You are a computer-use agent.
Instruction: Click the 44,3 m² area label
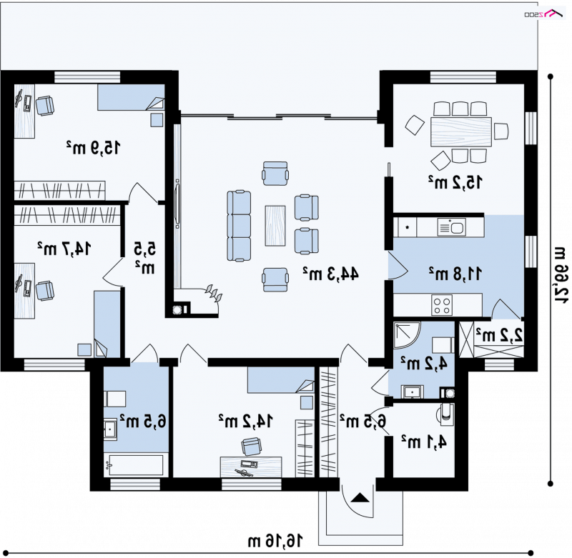tap(330, 274)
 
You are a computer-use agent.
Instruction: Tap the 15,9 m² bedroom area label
tap(93, 148)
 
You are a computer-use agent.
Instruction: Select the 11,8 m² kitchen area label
tap(455, 274)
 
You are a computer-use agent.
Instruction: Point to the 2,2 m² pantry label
tap(499, 335)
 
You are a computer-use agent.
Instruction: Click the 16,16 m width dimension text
tap(275, 542)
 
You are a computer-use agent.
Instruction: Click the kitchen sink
tap(452, 226)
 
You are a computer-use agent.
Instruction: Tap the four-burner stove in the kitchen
tap(442, 304)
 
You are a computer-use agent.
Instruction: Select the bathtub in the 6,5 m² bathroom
tap(136, 465)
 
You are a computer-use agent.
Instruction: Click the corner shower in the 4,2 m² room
tap(406, 334)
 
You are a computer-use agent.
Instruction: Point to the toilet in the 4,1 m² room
tap(445, 414)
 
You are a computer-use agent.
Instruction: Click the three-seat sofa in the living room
tap(239, 226)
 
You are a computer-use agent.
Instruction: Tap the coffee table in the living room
tap(275, 226)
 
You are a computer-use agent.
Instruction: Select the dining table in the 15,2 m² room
tap(461, 131)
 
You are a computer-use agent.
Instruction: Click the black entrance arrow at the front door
tap(360, 498)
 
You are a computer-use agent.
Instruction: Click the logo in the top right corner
tap(543, 14)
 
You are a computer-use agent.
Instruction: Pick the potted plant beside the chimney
tap(213, 293)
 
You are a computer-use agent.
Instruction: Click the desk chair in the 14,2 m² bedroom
tap(251, 446)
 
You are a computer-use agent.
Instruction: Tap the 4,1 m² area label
tap(424, 442)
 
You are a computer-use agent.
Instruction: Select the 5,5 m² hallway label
tap(145, 258)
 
